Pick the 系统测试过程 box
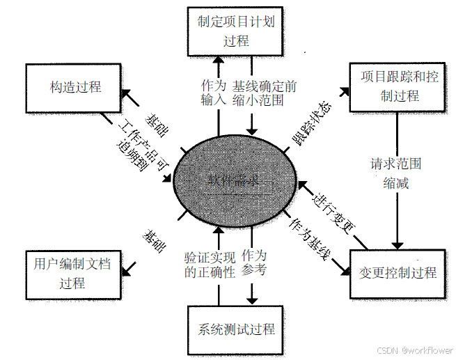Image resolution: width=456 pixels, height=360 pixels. pyautogui.click(x=237, y=329)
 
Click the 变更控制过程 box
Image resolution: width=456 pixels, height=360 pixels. pyautogui.click(x=395, y=273)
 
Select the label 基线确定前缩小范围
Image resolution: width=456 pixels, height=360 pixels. pyautogui.click(x=264, y=93)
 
